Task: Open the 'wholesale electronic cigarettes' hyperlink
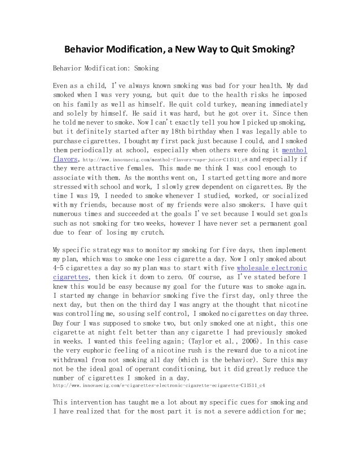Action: pyautogui.click(x=272, y=268)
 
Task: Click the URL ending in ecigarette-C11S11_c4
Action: pyautogui.click(x=159, y=386)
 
